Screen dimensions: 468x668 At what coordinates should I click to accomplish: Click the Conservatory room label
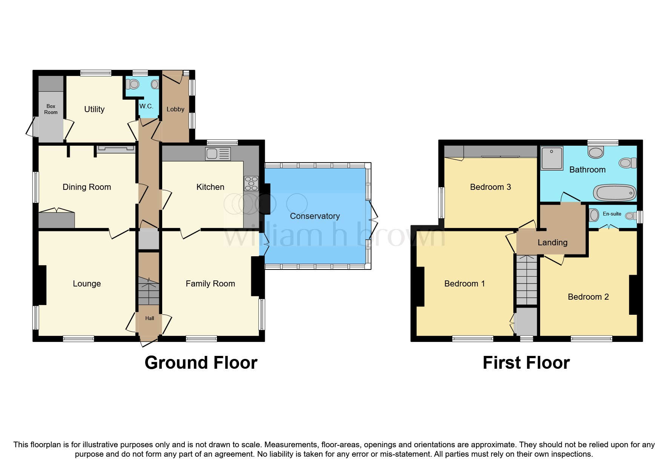coord(315,216)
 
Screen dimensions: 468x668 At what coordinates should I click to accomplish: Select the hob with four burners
coord(251,183)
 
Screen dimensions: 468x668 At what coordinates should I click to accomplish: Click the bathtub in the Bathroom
coord(614,193)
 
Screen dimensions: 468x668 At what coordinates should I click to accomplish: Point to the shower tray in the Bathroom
coord(552,158)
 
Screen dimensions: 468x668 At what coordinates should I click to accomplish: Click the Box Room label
coord(51,109)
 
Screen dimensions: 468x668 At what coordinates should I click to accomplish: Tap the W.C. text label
coord(146,106)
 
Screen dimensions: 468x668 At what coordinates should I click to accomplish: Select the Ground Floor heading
coord(201,363)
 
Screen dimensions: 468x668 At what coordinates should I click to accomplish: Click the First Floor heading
coord(526,363)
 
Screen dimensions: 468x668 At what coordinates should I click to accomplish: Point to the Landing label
coord(552,242)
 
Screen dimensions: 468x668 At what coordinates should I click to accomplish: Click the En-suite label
coord(612,214)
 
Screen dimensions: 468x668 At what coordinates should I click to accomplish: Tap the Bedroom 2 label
coord(588,297)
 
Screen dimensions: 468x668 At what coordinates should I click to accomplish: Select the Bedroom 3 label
coord(490,187)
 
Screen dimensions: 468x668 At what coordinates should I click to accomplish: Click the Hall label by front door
coord(149,318)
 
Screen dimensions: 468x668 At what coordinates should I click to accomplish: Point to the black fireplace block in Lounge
coord(41,285)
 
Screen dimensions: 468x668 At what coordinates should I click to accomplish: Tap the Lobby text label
coord(175,109)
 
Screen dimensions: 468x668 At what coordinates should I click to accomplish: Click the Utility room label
coord(94,109)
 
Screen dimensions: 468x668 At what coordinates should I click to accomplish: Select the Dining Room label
coord(87,187)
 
